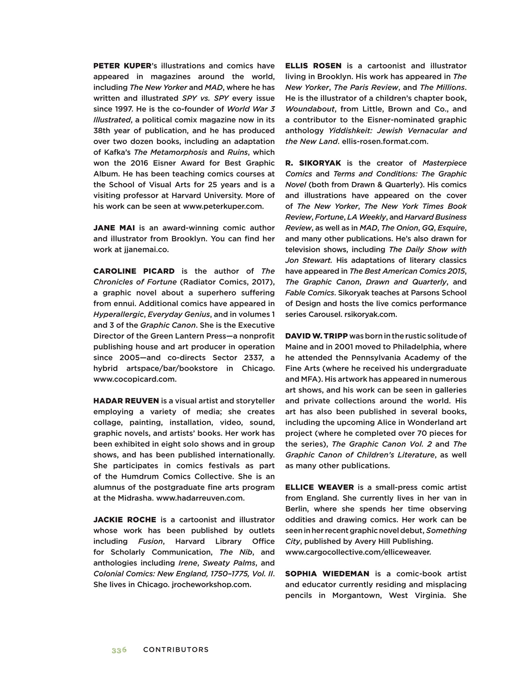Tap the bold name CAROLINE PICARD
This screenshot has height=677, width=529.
tap(134, 271)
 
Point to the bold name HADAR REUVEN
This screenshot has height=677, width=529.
tap(126, 401)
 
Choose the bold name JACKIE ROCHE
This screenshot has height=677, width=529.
tap(125, 520)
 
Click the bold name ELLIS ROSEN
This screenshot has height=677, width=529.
tap(313, 66)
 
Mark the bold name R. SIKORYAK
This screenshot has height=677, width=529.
tap(313, 163)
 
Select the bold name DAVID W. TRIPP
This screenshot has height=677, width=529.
tap(316, 336)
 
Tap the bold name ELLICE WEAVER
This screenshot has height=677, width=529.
tap(319, 487)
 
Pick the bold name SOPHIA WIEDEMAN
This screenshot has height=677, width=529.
tap(327, 574)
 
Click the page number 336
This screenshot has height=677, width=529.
tap(119, 650)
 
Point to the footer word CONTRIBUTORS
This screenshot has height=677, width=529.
tap(176, 650)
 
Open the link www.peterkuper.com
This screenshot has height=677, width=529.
tap(223, 206)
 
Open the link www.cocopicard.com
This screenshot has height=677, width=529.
tap(135, 379)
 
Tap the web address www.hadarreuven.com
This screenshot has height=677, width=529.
tap(200, 498)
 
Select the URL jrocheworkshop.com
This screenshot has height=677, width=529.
tap(211, 585)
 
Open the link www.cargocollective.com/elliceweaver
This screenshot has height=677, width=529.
tap(358, 552)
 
